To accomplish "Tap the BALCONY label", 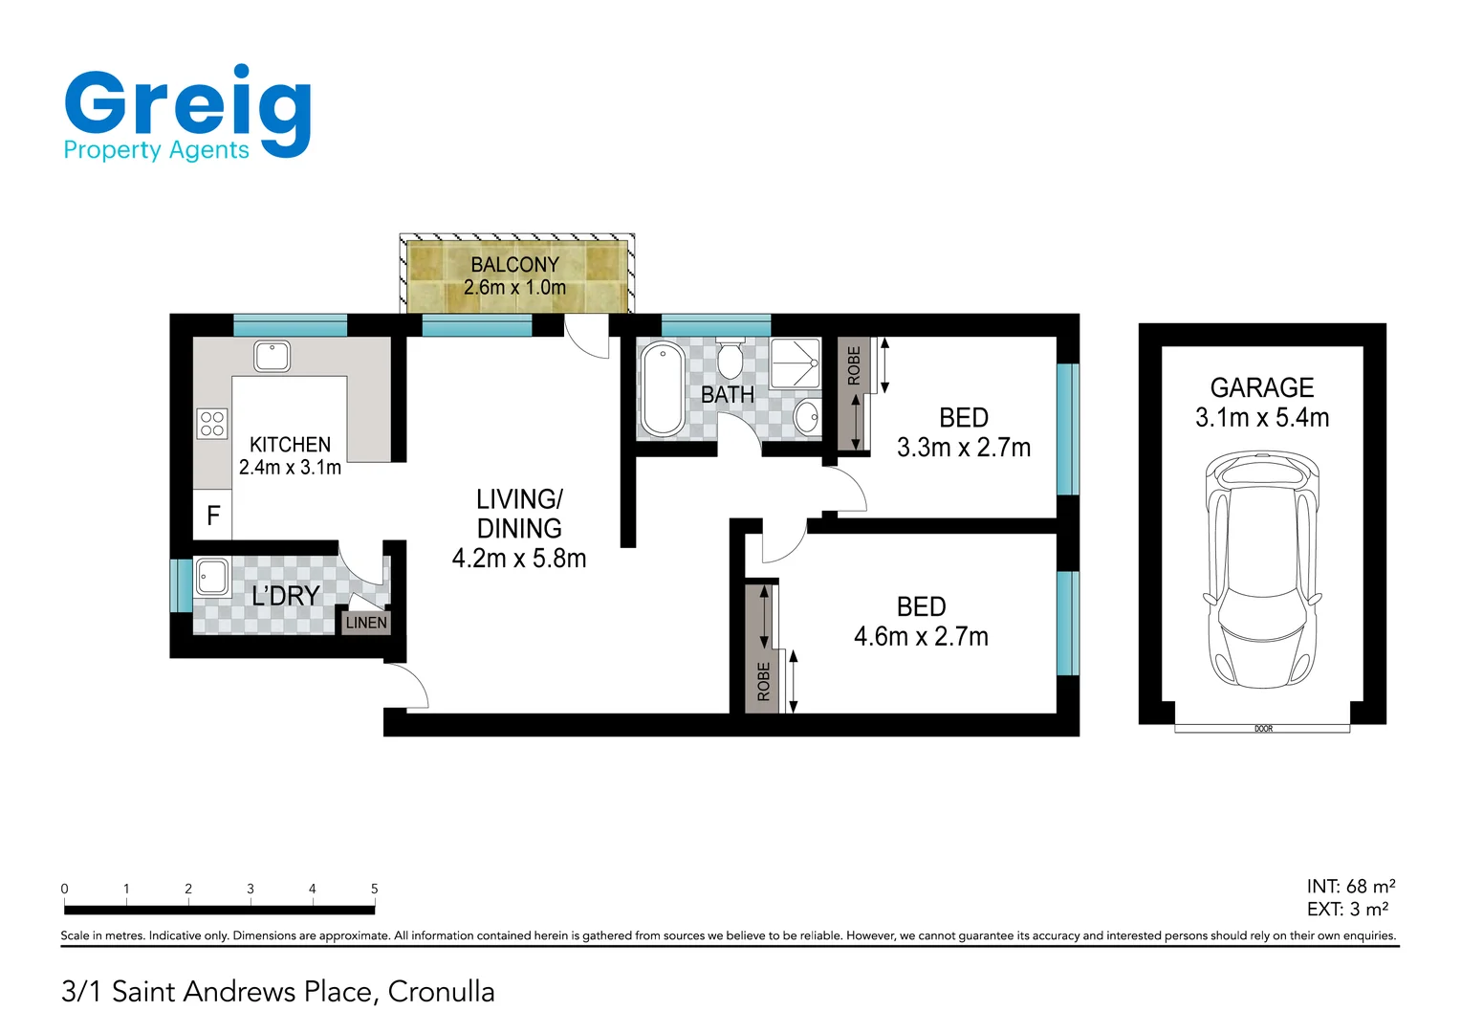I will coord(514,265).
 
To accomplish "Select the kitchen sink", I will coord(273,357).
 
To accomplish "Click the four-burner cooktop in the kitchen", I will coord(212,424).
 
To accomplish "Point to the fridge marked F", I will coord(213,516).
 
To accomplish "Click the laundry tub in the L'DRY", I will coord(211,577).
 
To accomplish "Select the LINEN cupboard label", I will coord(366,623).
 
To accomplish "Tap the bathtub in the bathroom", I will coord(662,389).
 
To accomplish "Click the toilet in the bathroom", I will coord(730,359).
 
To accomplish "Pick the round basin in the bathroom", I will coord(806,416).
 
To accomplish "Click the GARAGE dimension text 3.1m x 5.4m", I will coord(1262,418).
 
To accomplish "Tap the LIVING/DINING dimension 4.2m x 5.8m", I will coord(518,559).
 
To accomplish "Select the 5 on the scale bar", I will coord(374,889).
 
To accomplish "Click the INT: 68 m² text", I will coord(1350,887).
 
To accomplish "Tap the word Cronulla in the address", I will coord(441,992).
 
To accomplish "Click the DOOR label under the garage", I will coord(1263,729).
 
